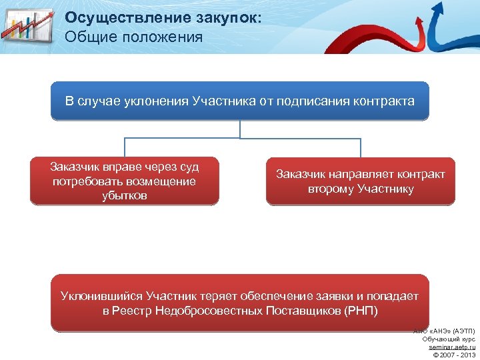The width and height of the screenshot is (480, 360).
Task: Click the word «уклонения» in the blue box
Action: (157, 102)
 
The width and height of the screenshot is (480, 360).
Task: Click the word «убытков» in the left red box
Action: (124, 196)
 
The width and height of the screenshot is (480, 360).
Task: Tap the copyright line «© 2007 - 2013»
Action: (453, 355)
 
